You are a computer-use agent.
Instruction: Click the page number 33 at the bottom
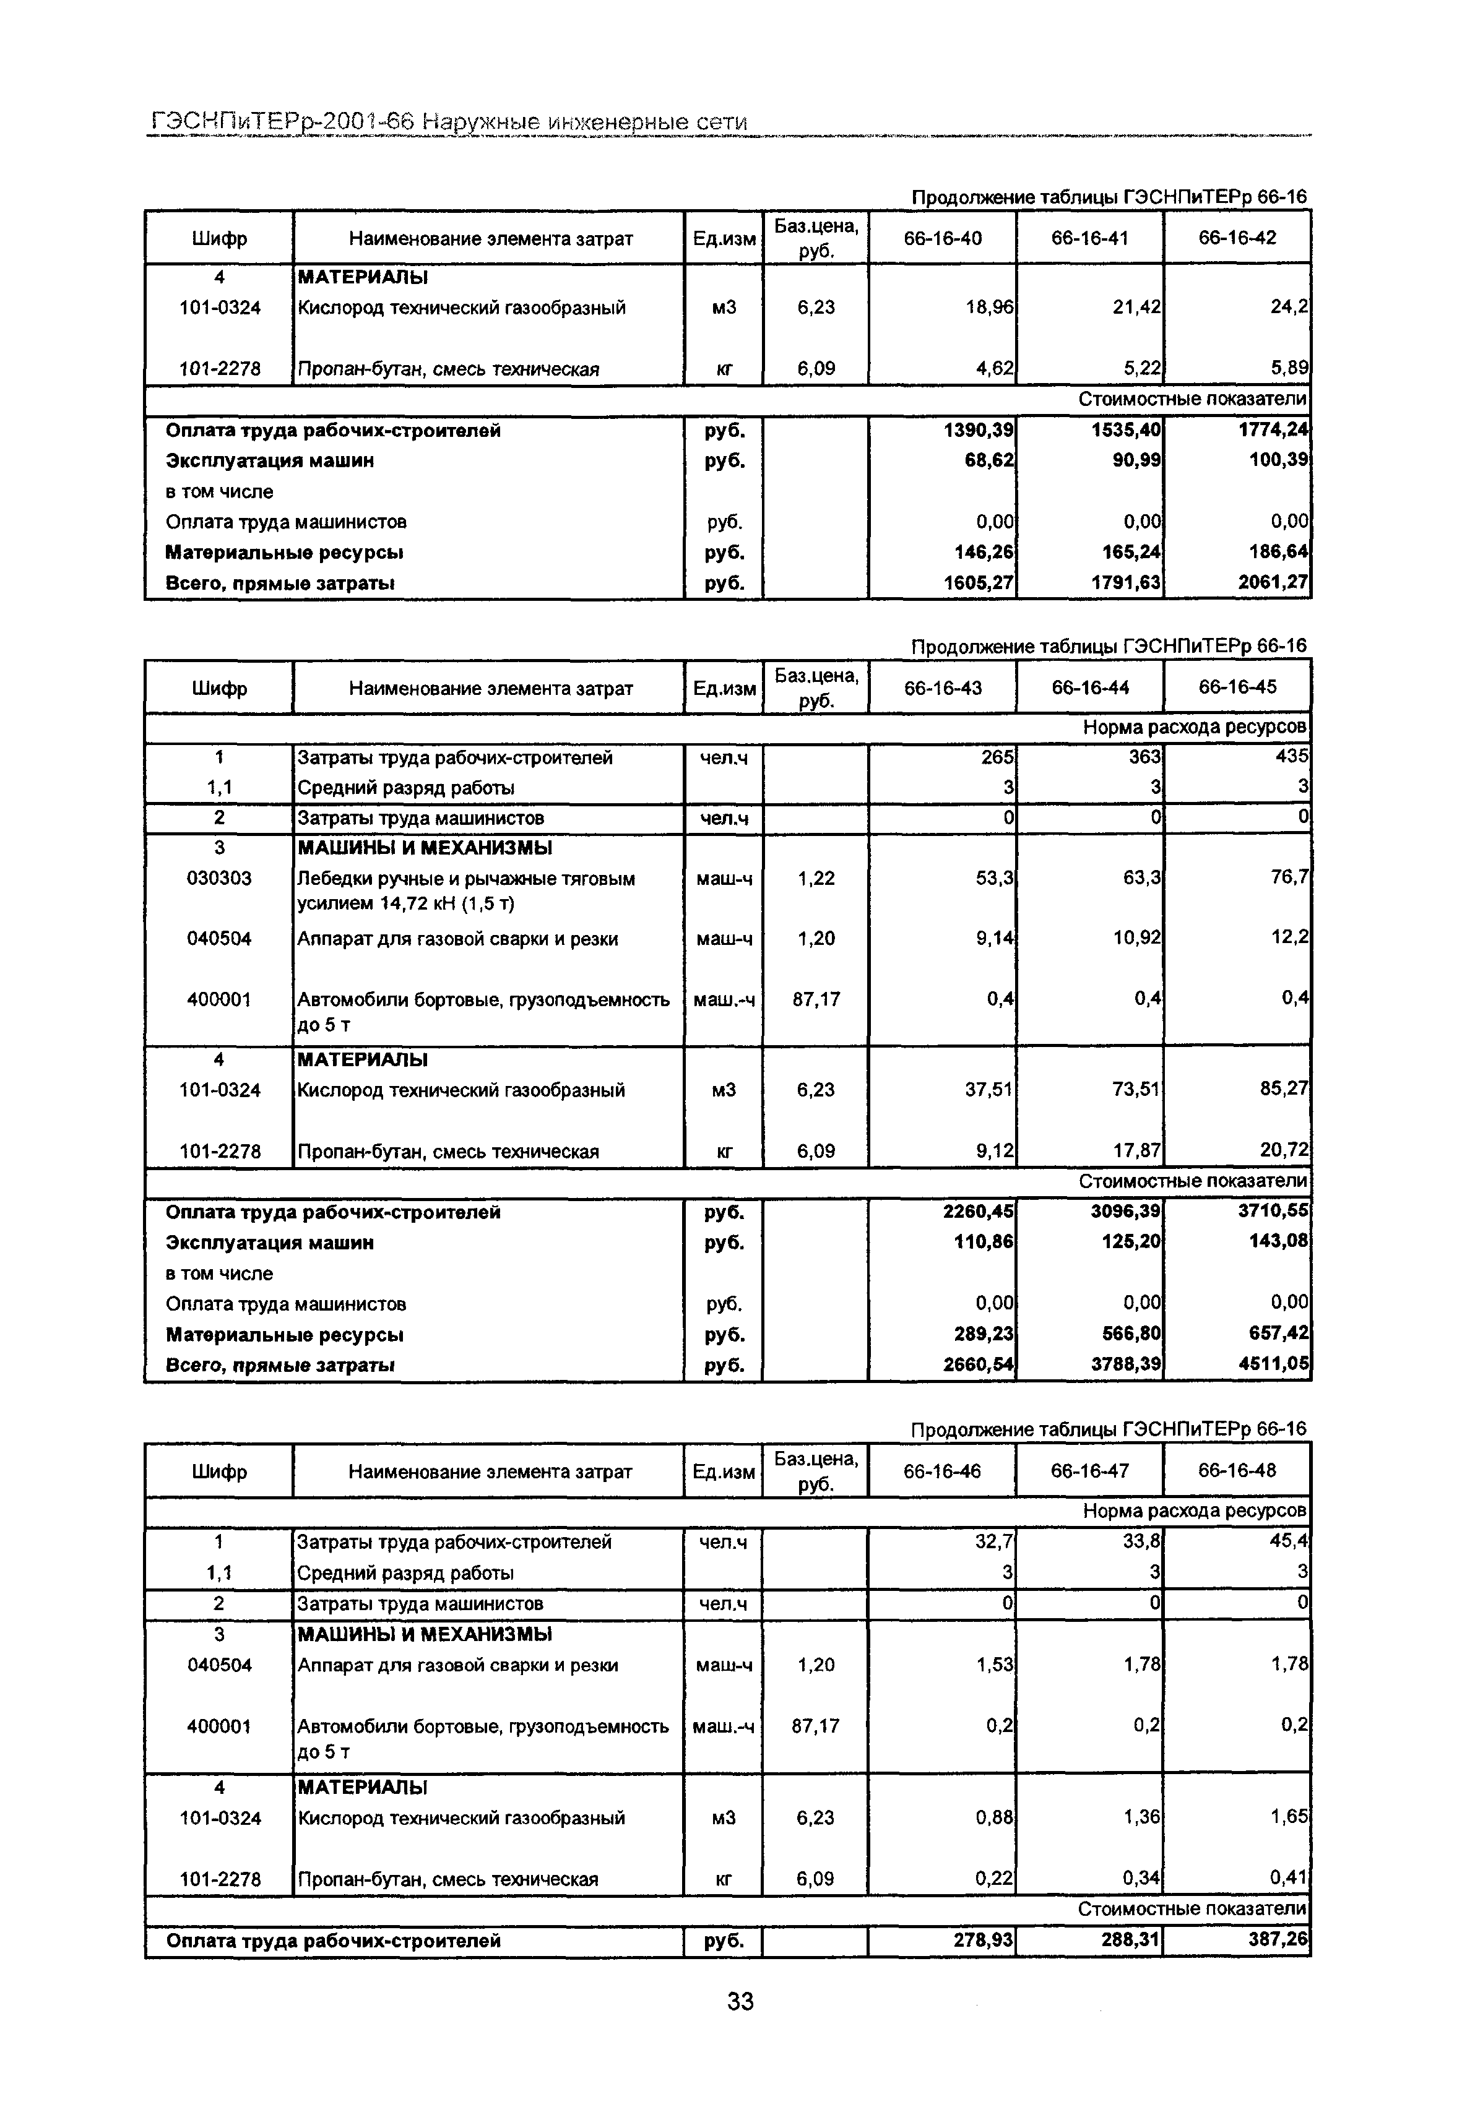click(x=739, y=2001)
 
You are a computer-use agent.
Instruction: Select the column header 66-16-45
click(x=1237, y=687)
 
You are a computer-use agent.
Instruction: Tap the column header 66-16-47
click(x=1089, y=1471)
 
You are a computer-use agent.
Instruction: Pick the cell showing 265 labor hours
click(x=998, y=757)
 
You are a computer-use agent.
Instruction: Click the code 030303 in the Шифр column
click(x=219, y=878)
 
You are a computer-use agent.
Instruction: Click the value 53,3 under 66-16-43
click(x=994, y=878)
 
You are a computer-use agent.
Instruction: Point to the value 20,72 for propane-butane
click(x=1283, y=1151)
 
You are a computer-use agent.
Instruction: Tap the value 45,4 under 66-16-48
click(x=1288, y=1542)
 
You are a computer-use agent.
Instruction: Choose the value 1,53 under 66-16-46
click(x=994, y=1665)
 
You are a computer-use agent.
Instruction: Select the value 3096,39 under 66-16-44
click(x=1126, y=1212)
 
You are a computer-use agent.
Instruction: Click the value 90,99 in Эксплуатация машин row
click(x=1135, y=460)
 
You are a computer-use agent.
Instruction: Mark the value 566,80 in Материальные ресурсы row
click(x=1130, y=1334)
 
